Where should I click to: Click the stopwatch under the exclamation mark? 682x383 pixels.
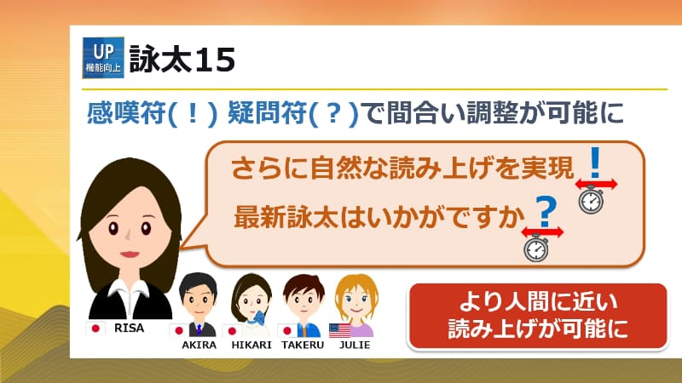[x=591, y=201]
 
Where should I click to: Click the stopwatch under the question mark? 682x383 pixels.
[x=536, y=248]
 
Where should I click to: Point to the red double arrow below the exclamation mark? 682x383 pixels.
[x=596, y=183]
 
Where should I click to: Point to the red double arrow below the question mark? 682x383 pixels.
[x=543, y=231]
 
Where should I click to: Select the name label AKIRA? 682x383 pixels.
[x=199, y=346]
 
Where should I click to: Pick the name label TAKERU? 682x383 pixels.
[x=303, y=346]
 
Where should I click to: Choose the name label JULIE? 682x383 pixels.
[x=355, y=346]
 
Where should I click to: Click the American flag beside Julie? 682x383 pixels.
[x=338, y=329]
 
